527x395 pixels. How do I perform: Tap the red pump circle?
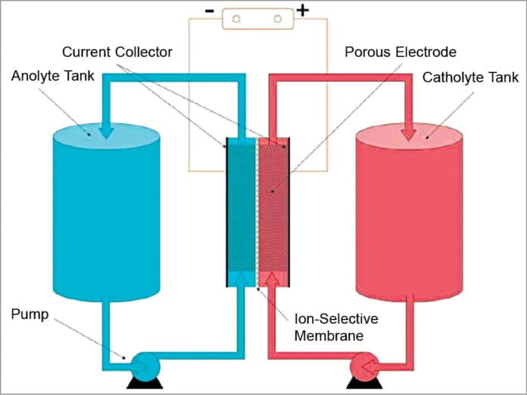click(x=362, y=370)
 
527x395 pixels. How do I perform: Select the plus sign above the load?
click(x=303, y=11)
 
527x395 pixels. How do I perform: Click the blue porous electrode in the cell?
click(x=242, y=212)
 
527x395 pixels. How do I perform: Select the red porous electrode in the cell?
click(x=273, y=212)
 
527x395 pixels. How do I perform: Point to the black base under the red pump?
click(x=362, y=384)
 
